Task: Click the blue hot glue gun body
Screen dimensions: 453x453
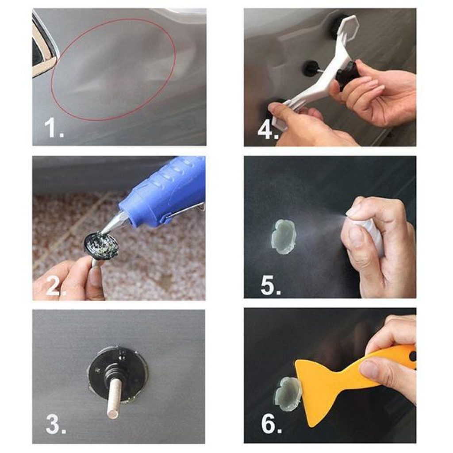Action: [x=168, y=191]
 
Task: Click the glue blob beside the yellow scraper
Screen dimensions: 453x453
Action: [x=287, y=389]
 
